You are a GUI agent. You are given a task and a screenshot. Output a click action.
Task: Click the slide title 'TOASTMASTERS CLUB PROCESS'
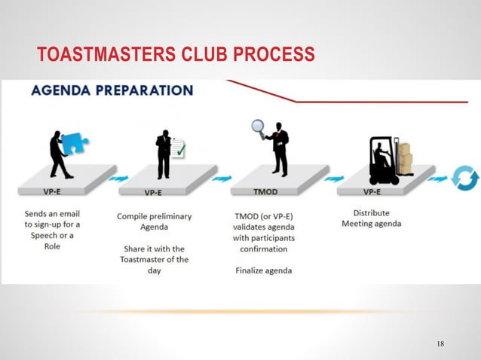(x=175, y=55)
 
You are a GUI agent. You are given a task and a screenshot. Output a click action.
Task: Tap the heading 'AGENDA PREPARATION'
(x=112, y=91)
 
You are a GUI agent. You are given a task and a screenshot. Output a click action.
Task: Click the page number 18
(x=440, y=344)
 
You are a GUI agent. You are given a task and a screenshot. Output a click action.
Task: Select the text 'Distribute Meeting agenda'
(x=372, y=218)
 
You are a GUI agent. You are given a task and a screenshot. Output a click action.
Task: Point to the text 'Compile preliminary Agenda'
(x=154, y=221)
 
